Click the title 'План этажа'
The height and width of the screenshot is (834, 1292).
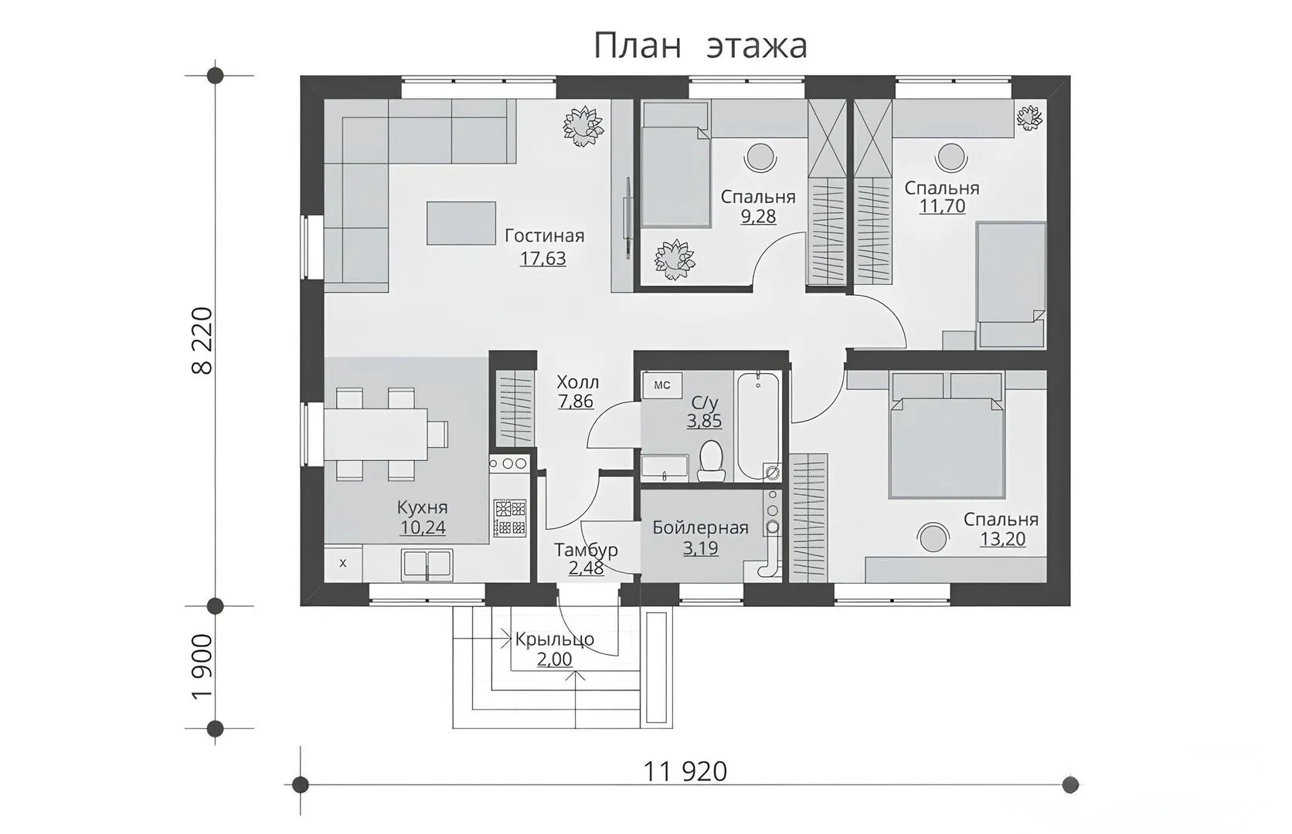click(699, 46)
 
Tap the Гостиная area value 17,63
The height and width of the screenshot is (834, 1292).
click(542, 259)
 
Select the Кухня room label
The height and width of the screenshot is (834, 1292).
click(422, 508)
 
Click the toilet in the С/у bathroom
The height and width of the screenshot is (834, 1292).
click(711, 462)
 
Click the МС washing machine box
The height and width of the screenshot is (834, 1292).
click(662, 385)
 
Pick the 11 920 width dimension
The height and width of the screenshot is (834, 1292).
click(685, 771)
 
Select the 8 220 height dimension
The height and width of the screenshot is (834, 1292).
click(202, 341)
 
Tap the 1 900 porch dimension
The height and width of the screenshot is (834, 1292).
click(202, 667)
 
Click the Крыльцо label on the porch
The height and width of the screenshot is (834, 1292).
click(554, 639)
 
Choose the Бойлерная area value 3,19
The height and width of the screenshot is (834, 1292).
click(700, 548)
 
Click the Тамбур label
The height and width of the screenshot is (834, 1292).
click(586, 551)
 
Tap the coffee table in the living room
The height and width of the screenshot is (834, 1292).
click(461, 222)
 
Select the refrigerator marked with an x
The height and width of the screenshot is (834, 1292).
click(343, 563)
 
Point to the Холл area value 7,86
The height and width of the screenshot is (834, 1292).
click(576, 401)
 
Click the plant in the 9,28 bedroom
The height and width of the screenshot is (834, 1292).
click(674, 260)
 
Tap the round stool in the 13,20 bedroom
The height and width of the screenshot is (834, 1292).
click(931, 538)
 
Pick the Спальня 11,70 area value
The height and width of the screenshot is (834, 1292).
click(942, 205)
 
